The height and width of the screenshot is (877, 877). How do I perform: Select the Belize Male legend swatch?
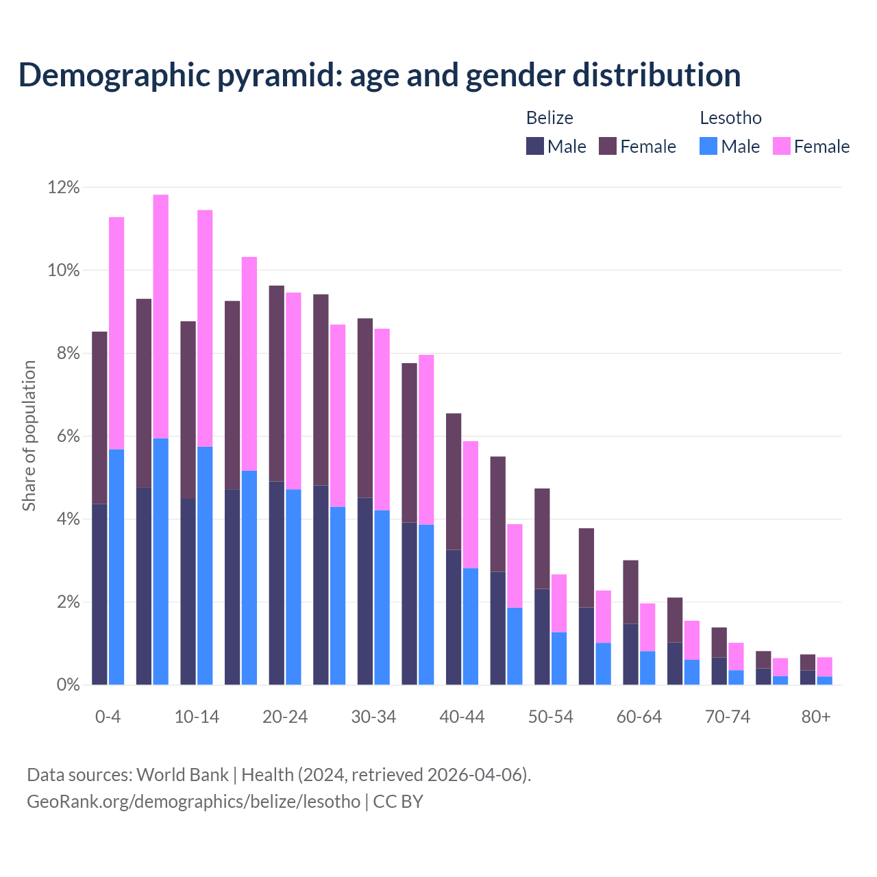[x=535, y=146]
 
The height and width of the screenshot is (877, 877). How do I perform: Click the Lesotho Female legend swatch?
[x=782, y=146]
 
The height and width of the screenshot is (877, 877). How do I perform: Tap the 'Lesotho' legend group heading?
[x=730, y=118]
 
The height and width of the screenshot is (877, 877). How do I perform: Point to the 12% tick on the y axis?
[x=64, y=188]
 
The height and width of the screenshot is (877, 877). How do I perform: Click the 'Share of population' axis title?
[x=29, y=436]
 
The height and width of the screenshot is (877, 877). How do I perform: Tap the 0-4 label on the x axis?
[x=108, y=717]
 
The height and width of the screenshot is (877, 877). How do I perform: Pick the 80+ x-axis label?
[x=816, y=717]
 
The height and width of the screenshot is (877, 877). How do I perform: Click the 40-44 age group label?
[x=462, y=717]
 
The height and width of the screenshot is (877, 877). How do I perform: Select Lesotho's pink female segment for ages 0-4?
[x=116, y=333]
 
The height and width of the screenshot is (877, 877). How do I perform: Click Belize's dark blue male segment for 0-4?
[x=99, y=594]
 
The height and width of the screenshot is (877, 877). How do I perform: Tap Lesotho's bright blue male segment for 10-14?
[x=205, y=565]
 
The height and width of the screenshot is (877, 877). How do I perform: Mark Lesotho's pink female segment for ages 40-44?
[x=471, y=504]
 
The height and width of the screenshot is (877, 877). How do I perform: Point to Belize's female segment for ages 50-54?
[x=542, y=539]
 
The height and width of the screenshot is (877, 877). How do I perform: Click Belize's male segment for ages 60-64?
[x=630, y=654]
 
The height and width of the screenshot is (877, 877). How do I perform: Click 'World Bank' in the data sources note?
[x=182, y=775]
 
